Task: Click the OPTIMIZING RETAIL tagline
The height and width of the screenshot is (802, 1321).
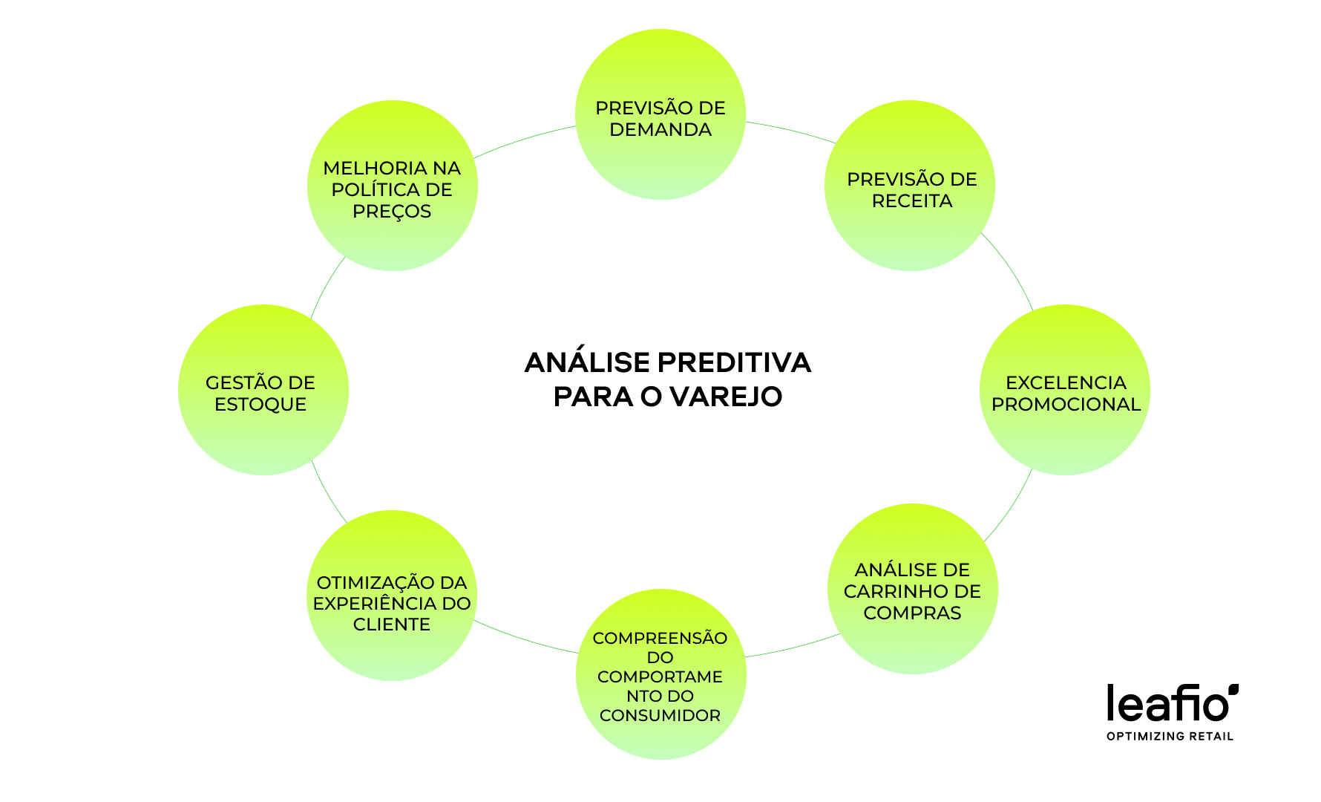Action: pyautogui.click(x=1170, y=736)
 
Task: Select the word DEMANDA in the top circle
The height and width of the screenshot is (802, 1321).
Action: pyautogui.click(x=660, y=129)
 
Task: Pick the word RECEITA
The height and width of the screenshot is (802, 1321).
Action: pyautogui.click(x=912, y=200)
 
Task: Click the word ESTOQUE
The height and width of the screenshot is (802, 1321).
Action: pyautogui.click(x=260, y=404)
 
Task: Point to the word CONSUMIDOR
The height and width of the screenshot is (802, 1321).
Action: pyautogui.click(x=660, y=715)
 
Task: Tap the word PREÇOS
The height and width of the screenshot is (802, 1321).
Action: pyautogui.click(x=392, y=211)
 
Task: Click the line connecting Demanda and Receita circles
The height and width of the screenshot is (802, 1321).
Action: pyautogui.click(x=791, y=130)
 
